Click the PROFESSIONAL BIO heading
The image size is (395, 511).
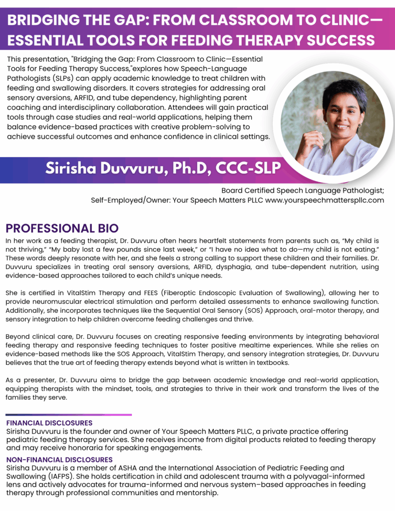(62, 229)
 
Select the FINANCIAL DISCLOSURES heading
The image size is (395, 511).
(49, 423)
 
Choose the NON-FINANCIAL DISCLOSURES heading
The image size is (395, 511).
(59, 459)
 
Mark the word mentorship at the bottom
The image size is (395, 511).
(195, 493)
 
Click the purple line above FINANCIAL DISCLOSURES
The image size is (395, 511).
(69, 415)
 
